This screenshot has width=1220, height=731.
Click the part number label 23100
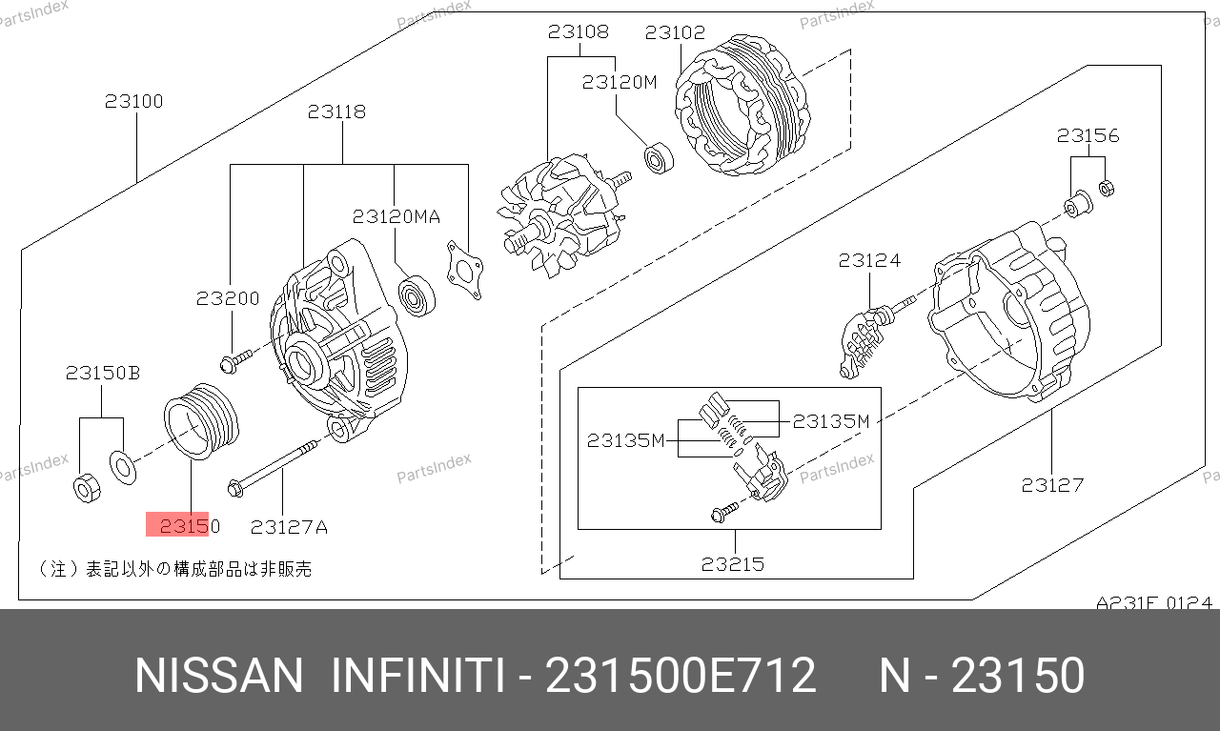[x=134, y=101]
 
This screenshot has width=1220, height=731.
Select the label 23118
[x=336, y=112]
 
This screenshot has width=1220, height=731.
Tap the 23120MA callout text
[x=396, y=216]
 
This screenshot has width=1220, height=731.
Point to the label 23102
[x=675, y=32]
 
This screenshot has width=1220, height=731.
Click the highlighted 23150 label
[x=190, y=526]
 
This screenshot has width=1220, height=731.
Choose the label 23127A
[x=289, y=527]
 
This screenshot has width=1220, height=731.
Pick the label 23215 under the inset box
[x=733, y=564]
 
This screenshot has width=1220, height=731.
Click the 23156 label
[x=1088, y=135]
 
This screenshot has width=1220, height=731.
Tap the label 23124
[x=869, y=260]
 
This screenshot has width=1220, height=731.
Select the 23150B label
[x=103, y=373]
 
